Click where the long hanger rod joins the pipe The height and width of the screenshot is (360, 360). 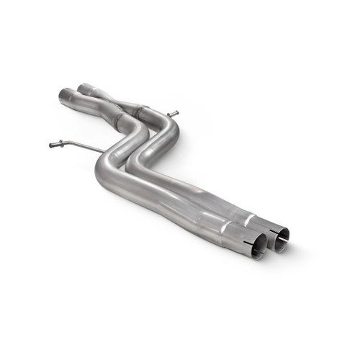click(x=105, y=150)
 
